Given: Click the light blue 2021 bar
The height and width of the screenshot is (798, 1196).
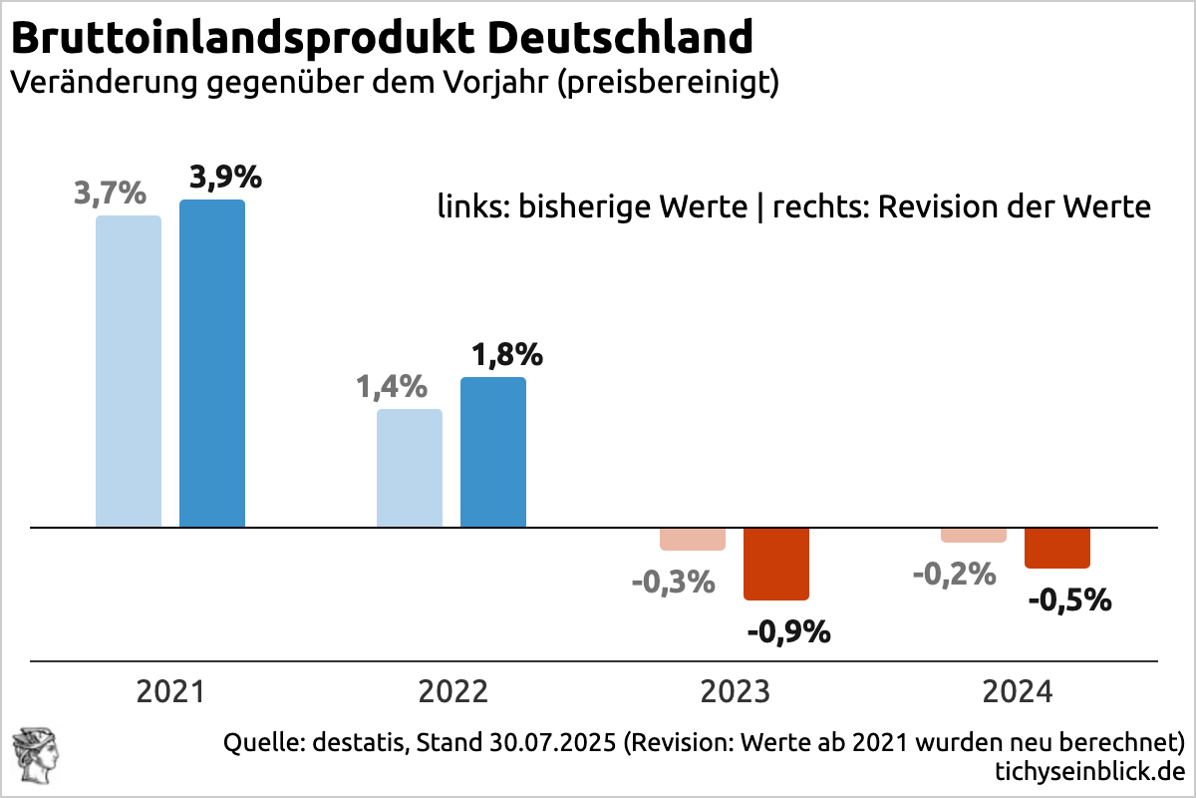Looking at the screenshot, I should coord(129,371).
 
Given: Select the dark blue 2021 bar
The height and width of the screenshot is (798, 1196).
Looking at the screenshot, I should coord(212,363).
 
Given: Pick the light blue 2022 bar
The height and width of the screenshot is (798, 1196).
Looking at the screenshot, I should coord(410,468).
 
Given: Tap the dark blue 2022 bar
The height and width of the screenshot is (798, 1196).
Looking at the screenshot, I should coord(493,452).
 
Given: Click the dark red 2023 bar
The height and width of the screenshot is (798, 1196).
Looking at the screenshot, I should coord(776,564).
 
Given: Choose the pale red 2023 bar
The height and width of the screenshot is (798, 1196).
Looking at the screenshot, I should coord(693,539).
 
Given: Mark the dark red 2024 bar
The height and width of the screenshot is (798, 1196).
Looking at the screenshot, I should coord(1057,548).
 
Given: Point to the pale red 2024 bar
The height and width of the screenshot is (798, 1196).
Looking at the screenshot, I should coord(974,535).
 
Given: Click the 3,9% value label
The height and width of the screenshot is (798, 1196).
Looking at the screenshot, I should coord(225,178).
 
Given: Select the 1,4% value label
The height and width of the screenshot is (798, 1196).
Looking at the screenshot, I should coord(392,386).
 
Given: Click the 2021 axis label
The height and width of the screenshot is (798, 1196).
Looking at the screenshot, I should coord(170,691).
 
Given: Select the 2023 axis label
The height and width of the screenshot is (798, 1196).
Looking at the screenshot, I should coord(735,691).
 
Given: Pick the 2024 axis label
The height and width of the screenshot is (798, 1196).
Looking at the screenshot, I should coord(1017,691).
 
